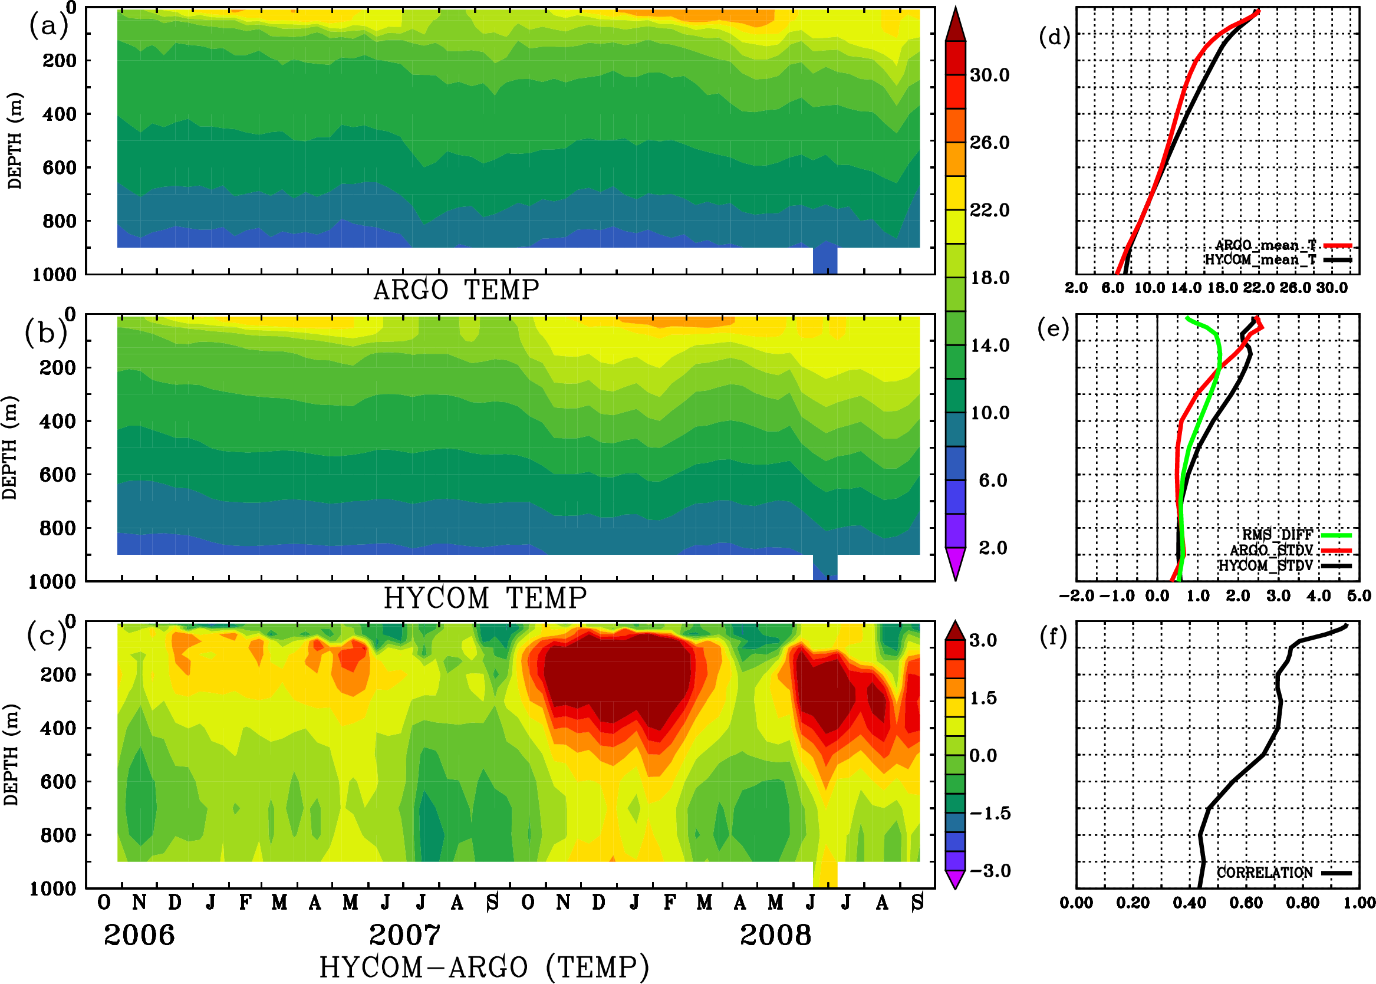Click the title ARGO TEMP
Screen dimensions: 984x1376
[456, 290]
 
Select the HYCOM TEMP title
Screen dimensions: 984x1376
[485, 598]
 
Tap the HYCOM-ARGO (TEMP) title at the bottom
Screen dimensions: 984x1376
[483, 967]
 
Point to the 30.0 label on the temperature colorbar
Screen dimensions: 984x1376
[989, 75]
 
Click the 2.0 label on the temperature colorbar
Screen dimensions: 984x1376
[993, 548]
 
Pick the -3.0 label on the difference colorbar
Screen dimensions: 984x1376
[990, 871]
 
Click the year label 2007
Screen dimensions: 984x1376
[405, 935]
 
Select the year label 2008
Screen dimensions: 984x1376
[775, 935]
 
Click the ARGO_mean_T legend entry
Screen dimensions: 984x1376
[1266, 245]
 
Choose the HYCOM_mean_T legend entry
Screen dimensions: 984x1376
[1260, 260]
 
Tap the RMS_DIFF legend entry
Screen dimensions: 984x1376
[1277, 535]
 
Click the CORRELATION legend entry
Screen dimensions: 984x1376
[1265, 873]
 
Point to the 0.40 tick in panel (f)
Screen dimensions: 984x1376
[1189, 903]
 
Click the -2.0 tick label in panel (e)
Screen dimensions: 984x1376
[1076, 596]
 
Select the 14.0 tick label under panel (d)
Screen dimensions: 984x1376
[1185, 288]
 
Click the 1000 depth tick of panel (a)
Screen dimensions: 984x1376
[54, 274]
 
